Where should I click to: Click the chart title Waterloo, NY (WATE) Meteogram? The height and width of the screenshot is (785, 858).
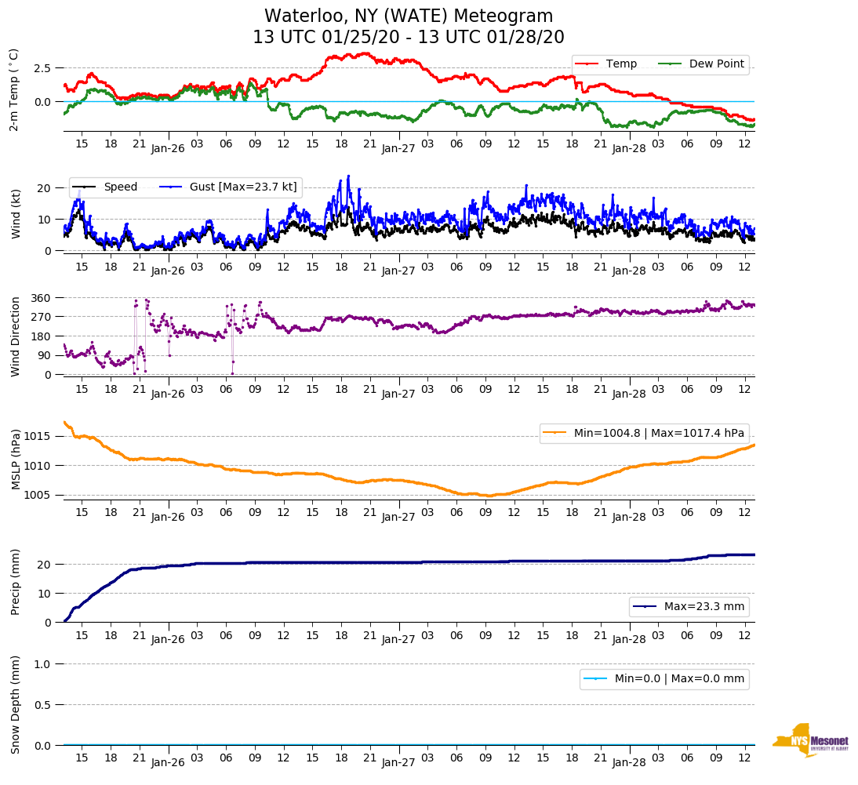pyautogui.click(x=409, y=16)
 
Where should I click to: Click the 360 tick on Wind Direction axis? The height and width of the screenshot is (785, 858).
pyautogui.click(x=41, y=298)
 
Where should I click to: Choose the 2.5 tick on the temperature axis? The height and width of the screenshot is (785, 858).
pyautogui.click(x=43, y=68)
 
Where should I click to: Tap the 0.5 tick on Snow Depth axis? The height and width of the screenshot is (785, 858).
pyautogui.click(x=43, y=705)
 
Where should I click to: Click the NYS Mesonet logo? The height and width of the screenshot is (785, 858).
pyautogui.click(x=810, y=740)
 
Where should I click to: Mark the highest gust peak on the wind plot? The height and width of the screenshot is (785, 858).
pyautogui.click(x=348, y=176)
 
